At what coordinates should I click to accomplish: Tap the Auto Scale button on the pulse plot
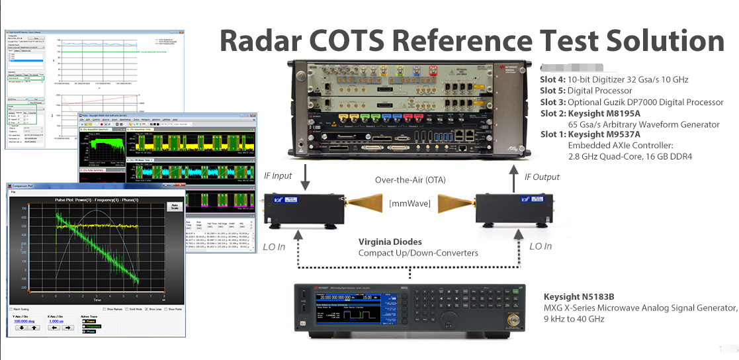175,207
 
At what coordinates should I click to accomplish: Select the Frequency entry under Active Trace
92,326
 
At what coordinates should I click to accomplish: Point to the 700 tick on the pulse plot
25,209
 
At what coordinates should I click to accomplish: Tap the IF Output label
542,177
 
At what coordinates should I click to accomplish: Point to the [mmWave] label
410,203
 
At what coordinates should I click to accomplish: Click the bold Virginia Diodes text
390,242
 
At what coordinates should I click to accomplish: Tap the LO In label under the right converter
540,246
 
